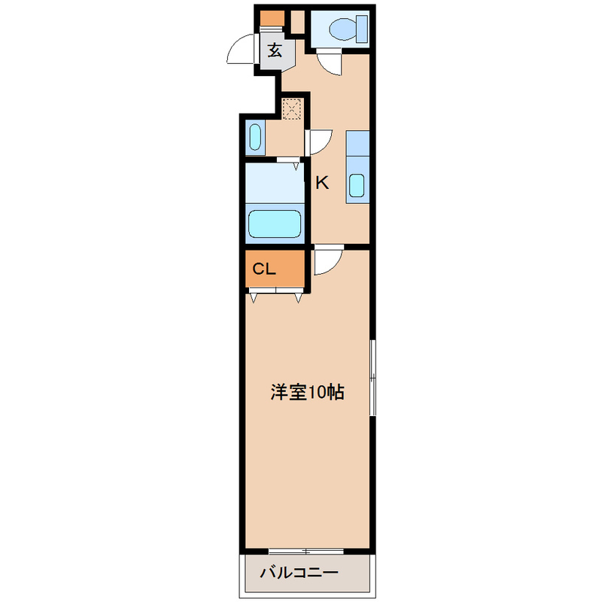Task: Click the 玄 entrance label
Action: [275, 50]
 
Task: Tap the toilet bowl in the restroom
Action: [343, 29]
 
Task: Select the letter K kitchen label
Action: [322, 183]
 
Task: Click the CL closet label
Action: [264, 269]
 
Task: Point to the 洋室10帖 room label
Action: [308, 392]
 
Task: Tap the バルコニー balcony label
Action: [299, 573]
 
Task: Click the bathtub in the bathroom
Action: [274, 223]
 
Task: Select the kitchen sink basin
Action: [357, 186]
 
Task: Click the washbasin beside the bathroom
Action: [255, 137]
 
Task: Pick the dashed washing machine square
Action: [292, 109]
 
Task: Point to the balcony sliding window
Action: [306, 552]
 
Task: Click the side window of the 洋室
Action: [372, 378]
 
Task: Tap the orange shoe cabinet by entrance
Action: [272, 18]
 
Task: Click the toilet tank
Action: [362, 29]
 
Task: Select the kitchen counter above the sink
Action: [357, 143]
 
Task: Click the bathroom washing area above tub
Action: [275, 183]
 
